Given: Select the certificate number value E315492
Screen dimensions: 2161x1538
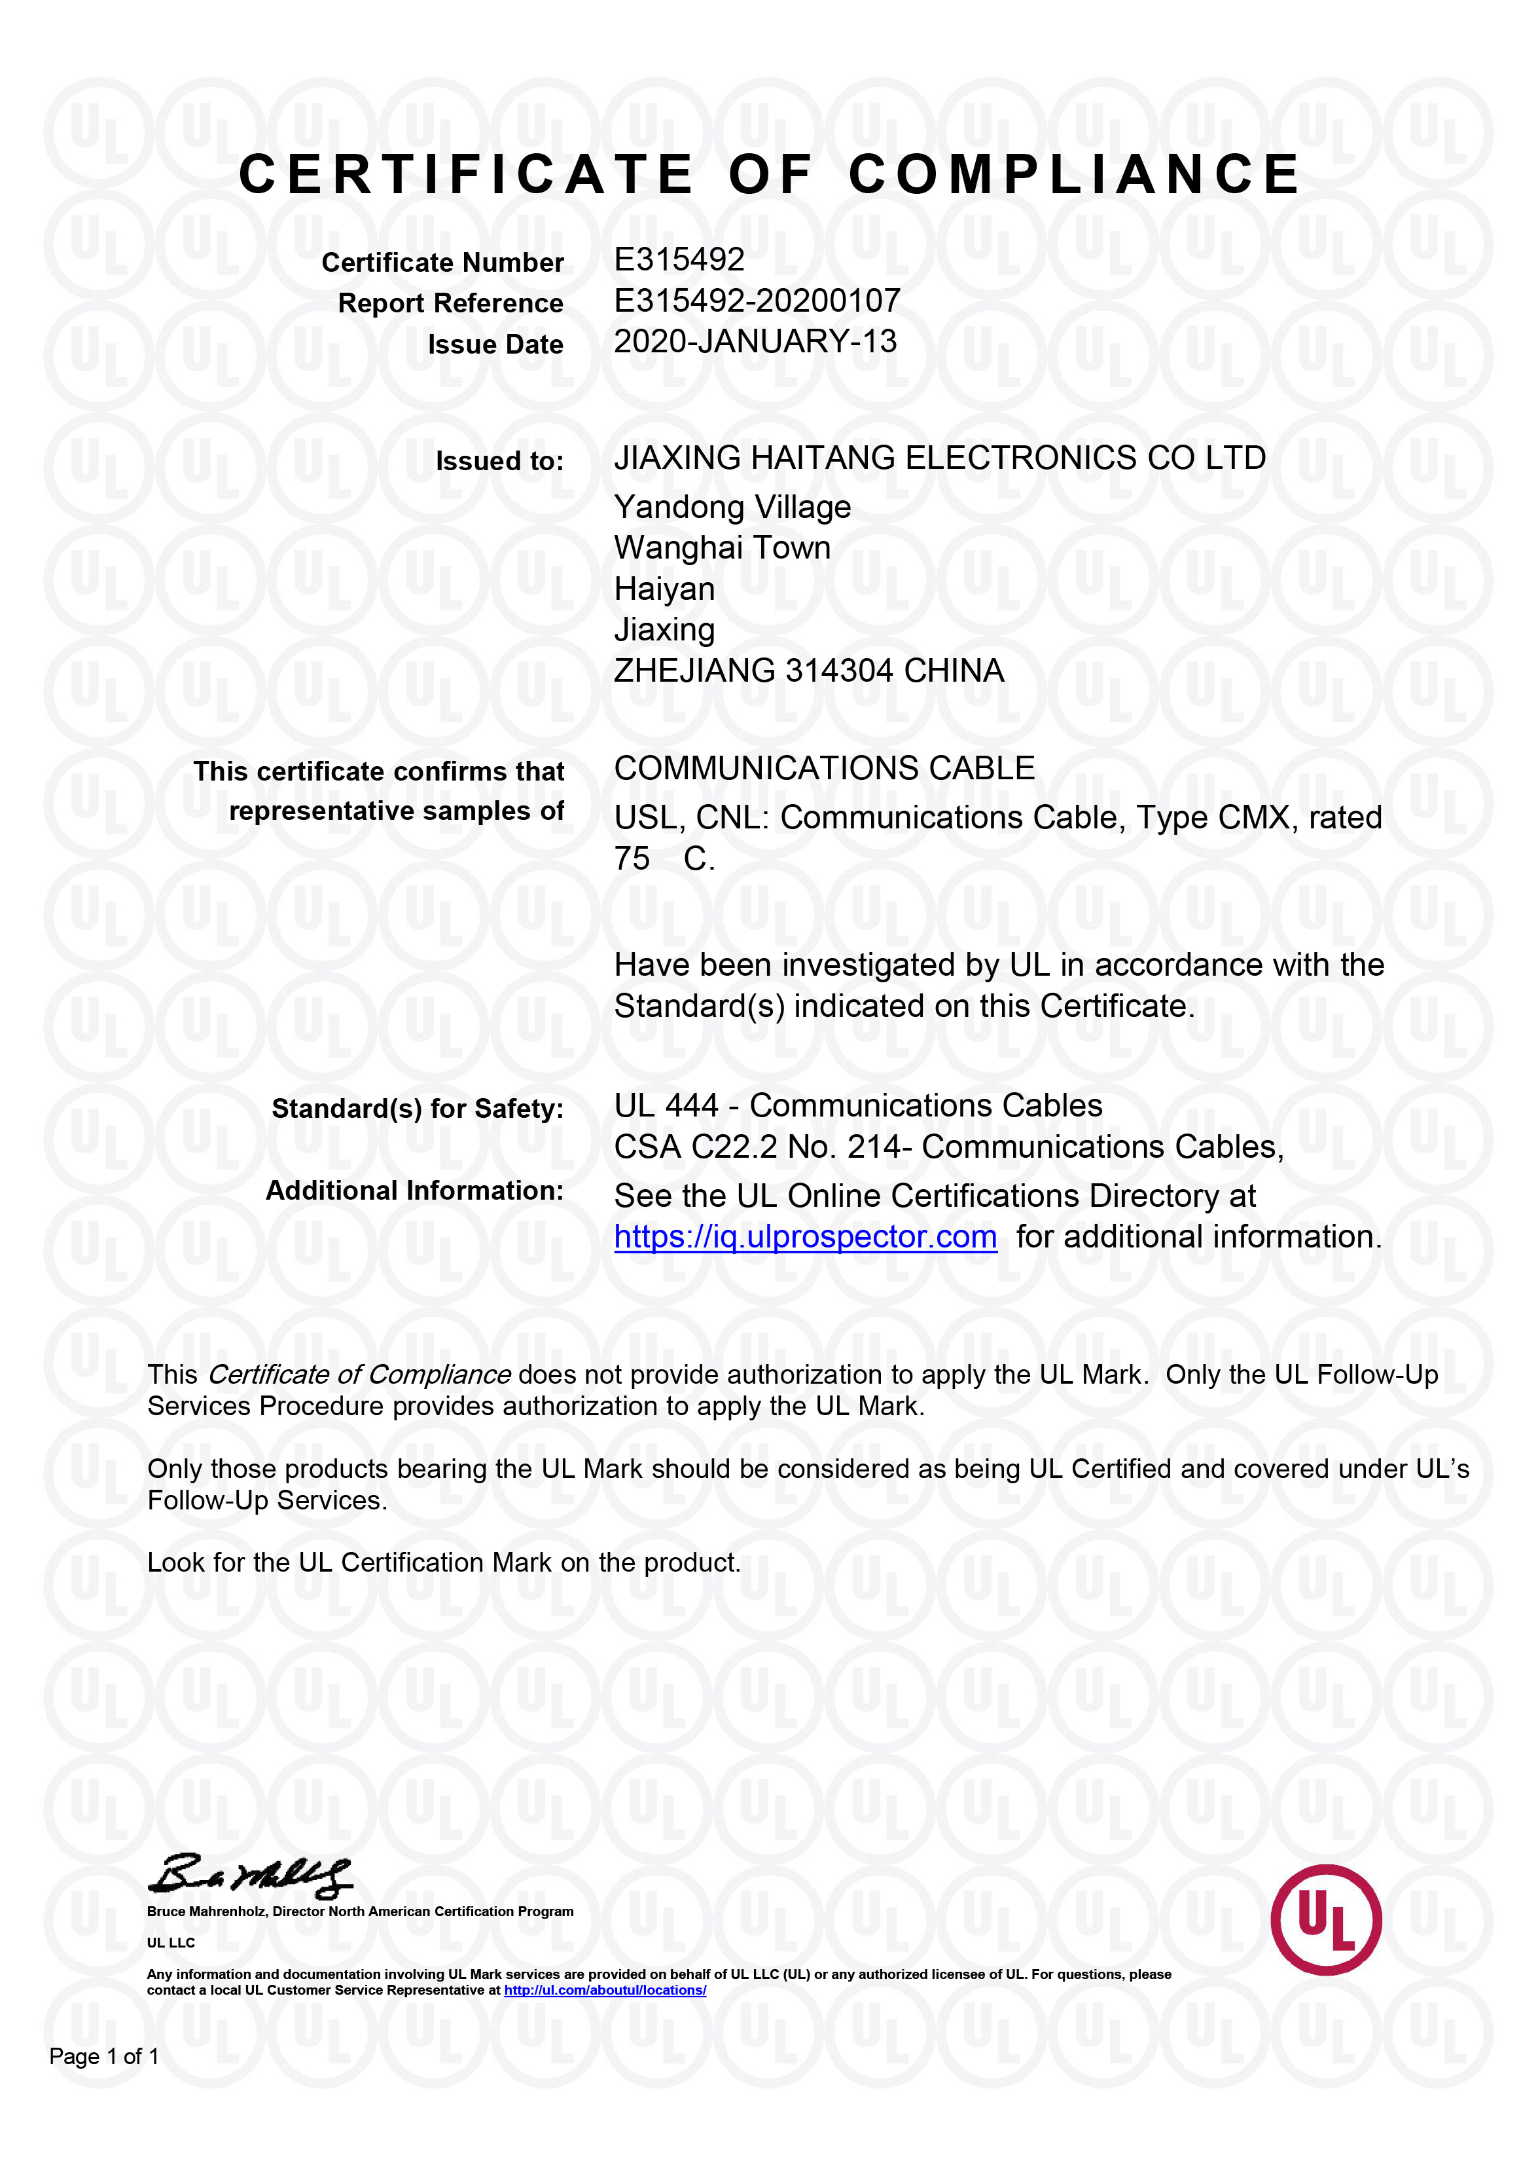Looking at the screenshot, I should [679, 259].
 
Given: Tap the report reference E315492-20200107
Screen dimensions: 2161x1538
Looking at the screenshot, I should [757, 301].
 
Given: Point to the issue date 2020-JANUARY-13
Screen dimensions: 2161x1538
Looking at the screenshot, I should [755, 342].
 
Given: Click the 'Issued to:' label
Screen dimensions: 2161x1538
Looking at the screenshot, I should [499, 462].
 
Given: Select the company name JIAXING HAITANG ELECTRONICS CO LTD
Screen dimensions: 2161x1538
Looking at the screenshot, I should [939, 458].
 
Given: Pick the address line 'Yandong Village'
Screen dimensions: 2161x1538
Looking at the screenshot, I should [732, 508].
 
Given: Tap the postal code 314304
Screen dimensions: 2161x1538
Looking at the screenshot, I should [840, 671].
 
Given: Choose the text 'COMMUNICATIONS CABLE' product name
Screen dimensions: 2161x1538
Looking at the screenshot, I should [824, 768].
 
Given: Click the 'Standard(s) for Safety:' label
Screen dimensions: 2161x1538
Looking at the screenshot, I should [418, 1109].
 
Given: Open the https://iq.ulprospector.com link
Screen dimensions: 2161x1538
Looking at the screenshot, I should [805, 1237].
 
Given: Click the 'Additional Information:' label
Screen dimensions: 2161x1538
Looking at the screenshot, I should [414, 1191].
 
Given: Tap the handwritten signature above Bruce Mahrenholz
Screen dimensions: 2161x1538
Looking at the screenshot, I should [250, 1875].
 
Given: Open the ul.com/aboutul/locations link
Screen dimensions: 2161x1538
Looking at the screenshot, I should [605, 1991].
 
